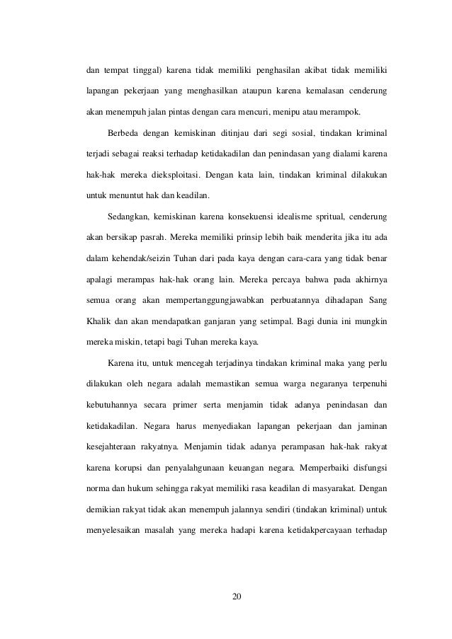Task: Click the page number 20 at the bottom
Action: pyautogui.click(x=237, y=597)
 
